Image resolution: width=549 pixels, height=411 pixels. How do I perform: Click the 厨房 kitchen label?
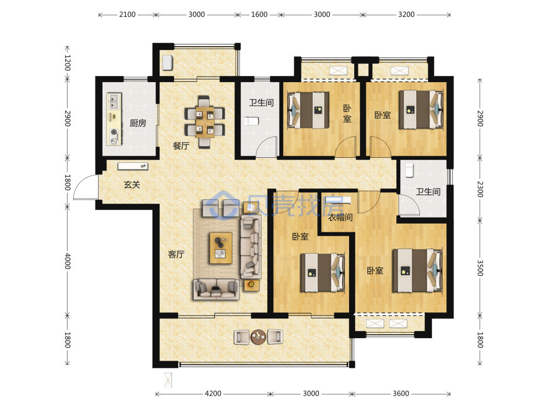tap(138, 123)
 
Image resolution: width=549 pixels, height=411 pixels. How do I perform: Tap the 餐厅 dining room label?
tap(181, 146)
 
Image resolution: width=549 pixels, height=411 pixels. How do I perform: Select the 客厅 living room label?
tap(176, 254)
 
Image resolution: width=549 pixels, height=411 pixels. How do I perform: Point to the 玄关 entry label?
tap(132, 185)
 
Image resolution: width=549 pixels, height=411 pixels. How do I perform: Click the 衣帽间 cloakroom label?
tap(340, 218)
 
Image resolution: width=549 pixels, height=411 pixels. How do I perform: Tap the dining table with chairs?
tap(205, 122)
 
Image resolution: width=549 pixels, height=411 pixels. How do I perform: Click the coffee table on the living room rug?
tap(221, 248)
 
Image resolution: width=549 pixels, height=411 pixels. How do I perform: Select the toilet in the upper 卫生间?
tap(251, 121)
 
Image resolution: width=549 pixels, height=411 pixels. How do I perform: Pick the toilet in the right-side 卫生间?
tap(410, 170)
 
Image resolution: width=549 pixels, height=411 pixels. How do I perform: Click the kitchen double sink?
tap(114, 101)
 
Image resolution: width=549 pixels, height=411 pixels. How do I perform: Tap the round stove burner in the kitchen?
tap(114, 133)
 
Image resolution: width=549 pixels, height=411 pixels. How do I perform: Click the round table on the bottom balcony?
tap(259, 337)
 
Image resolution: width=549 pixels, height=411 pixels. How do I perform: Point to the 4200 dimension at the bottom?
tap(213, 393)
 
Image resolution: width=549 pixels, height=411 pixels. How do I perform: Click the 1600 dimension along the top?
tap(259, 15)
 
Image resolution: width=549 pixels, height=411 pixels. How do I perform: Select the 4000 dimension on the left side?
tap(68, 261)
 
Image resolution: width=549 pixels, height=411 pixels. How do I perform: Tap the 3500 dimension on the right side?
tap(480, 268)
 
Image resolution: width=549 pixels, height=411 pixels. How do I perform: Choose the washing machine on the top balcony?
tap(167, 62)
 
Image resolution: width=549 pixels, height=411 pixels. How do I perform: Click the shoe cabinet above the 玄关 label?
tap(133, 166)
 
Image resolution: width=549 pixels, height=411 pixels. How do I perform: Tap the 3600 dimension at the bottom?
tap(401, 393)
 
